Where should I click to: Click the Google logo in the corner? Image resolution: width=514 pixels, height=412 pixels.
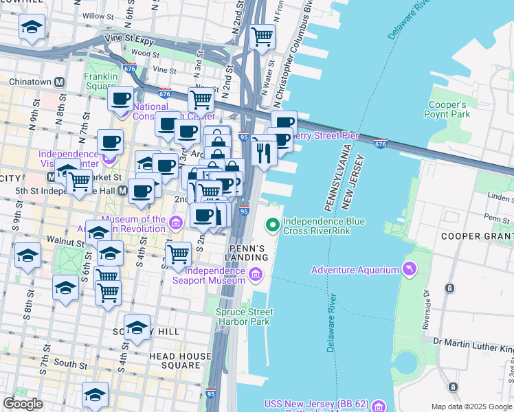point(23,404)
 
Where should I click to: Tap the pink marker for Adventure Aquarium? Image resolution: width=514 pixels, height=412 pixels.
point(411,269)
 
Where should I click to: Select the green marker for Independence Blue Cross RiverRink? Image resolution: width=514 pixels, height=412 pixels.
point(273,223)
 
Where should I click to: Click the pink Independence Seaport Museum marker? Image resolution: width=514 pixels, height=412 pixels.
point(256,275)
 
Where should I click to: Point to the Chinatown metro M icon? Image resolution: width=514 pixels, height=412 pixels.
point(60,82)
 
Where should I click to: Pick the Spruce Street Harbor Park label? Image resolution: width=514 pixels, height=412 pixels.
point(245,317)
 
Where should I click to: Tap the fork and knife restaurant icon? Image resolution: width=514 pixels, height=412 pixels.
point(263,152)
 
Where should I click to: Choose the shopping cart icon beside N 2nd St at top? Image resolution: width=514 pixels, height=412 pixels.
point(262,37)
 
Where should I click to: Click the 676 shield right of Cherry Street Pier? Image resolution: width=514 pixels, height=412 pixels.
point(381,144)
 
